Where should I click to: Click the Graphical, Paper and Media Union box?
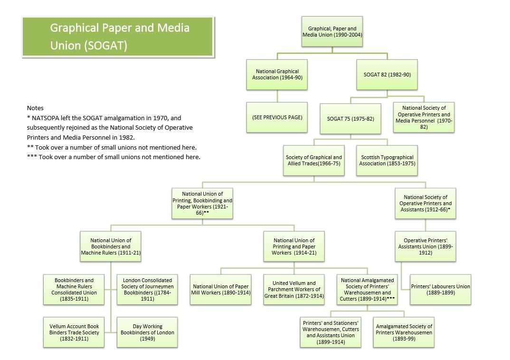point(332,31)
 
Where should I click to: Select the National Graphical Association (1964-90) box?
point(277,75)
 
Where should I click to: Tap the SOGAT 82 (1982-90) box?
point(387,75)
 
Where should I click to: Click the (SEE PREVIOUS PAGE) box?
point(277,117)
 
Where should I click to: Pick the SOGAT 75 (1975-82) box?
point(350,119)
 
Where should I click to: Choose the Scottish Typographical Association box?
point(387,161)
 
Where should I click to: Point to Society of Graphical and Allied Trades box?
point(314,161)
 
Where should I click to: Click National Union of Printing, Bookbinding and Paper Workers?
point(202,203)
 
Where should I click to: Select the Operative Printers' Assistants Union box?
point(425,246)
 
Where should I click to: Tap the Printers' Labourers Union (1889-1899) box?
point(441,289)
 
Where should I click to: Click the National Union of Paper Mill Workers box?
point(220,289)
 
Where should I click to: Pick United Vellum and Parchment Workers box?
point(294,289)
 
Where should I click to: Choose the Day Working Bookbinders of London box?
point(147,332)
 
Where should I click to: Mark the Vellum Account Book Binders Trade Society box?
point(74,332)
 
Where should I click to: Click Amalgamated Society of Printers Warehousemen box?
point(404,332)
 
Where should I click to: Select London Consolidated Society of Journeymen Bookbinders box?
point(147,289)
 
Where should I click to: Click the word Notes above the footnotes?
point(35,108)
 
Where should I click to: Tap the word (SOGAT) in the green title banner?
point(106,46)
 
